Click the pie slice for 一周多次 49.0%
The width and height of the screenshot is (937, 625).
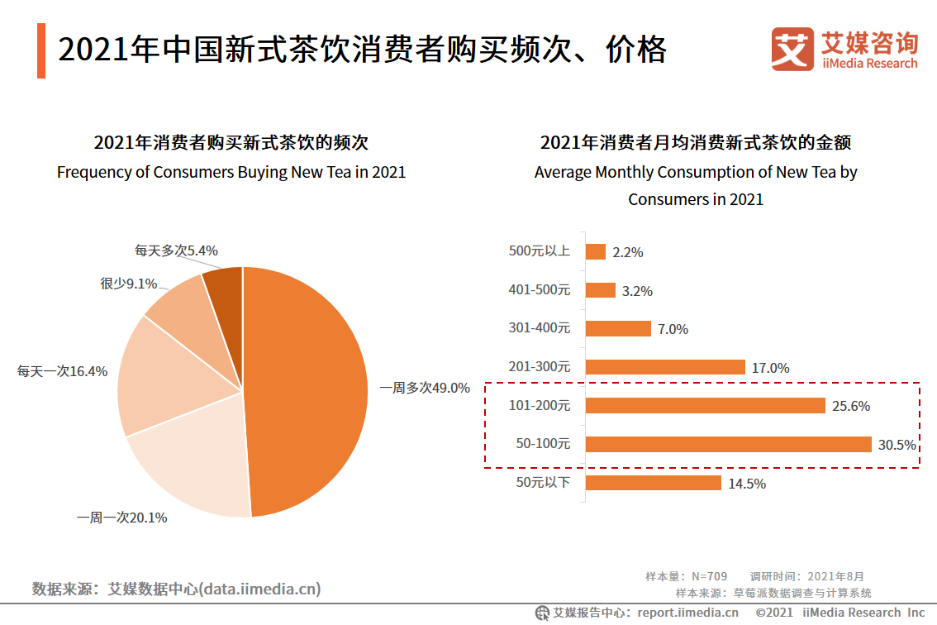[310, 389]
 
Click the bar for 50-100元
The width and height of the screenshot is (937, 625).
[728, 444]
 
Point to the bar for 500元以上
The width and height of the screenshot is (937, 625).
[595, 251]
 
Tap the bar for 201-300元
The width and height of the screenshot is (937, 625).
[665, 367]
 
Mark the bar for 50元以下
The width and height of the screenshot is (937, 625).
[653, 483]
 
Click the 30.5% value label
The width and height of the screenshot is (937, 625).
[897, 445]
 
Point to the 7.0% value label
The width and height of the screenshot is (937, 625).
[673, 329]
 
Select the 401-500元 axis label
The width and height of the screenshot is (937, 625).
[539, 290]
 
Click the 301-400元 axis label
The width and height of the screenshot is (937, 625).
[539, 328]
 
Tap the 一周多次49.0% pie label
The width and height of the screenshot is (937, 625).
[424, 388]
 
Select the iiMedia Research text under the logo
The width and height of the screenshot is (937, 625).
[869, 64]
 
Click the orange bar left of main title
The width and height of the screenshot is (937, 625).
[40, 50]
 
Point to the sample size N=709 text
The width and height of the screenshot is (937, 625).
[686, 576]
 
